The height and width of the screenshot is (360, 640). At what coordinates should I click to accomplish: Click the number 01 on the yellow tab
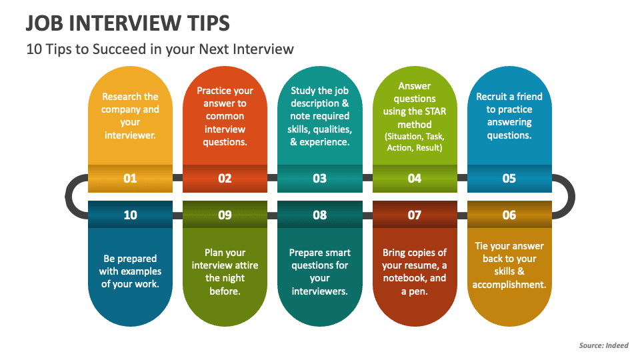click(x=130, y=179)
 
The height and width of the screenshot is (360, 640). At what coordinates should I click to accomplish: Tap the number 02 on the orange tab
click(x=225, y=179)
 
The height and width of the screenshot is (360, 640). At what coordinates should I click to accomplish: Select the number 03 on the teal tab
click(x=319, y=179)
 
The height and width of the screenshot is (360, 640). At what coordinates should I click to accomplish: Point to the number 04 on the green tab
click(x=414, y=179)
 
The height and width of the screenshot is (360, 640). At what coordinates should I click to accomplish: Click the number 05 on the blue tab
click(x=509, y=179)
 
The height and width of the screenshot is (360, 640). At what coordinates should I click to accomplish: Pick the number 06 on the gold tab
click(x=509, y=215)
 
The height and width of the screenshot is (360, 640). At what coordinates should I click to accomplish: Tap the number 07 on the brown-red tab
click(x=414, y=215)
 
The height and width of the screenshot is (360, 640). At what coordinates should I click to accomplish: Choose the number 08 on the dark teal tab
click(x=319, y=215)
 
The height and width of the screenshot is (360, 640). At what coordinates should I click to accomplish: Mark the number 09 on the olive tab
click(x=225, y=215)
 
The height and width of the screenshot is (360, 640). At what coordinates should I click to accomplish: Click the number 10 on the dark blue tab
click(x=130, y=215)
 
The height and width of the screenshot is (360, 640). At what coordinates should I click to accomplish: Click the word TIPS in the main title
click(x=209, y=23)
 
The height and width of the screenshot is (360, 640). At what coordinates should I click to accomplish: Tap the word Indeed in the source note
click(x=617, y=345)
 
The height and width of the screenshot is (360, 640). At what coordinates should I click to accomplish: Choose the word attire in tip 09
click(x=247, y=265)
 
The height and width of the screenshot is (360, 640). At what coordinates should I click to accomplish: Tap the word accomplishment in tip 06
click(x=509, y=285)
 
